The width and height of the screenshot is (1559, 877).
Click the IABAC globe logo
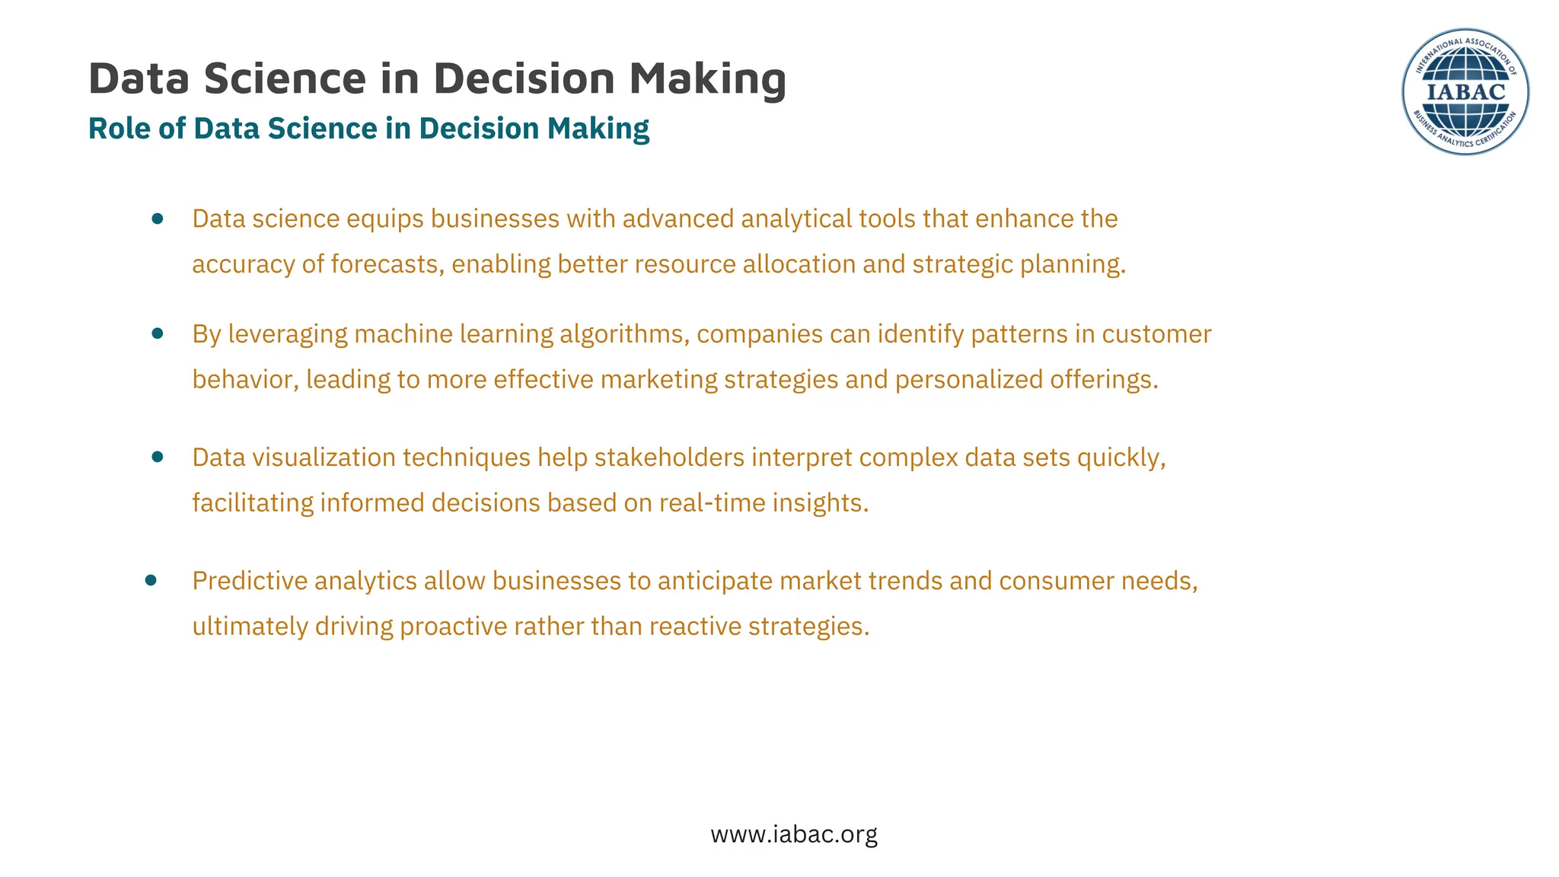[x=1465, y=92]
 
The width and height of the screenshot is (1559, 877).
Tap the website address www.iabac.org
[x=794, y=834]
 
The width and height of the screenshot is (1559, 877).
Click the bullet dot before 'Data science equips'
[x=158, y=219]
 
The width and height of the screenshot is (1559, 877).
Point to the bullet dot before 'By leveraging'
[x=158, y=333]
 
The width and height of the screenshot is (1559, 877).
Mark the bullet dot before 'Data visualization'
[x=158, y=457]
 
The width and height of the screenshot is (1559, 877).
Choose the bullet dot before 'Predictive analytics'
[x=151, y=580]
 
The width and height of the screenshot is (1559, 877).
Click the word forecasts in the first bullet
[x=387, y=264]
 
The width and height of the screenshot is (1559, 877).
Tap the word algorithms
[x=624, y=334]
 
